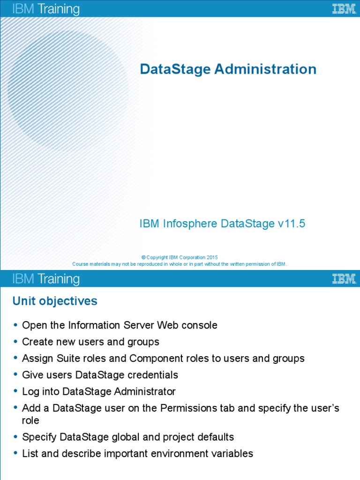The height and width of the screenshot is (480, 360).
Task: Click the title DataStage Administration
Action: [x=228, y=69]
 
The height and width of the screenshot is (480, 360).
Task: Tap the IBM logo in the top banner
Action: [x=344, y=9]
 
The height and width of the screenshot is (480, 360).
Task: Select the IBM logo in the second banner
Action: [x=344, y=279]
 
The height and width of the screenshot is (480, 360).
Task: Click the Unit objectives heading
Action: [x=55, y=301]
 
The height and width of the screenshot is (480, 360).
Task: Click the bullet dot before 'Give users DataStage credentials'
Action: [x=15, y=375]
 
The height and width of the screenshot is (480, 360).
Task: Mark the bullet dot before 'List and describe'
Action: [x=15, y=454]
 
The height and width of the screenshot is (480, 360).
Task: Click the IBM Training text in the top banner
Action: [x=46, y=9]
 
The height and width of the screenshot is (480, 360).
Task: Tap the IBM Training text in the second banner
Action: [x=46, y=279]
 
